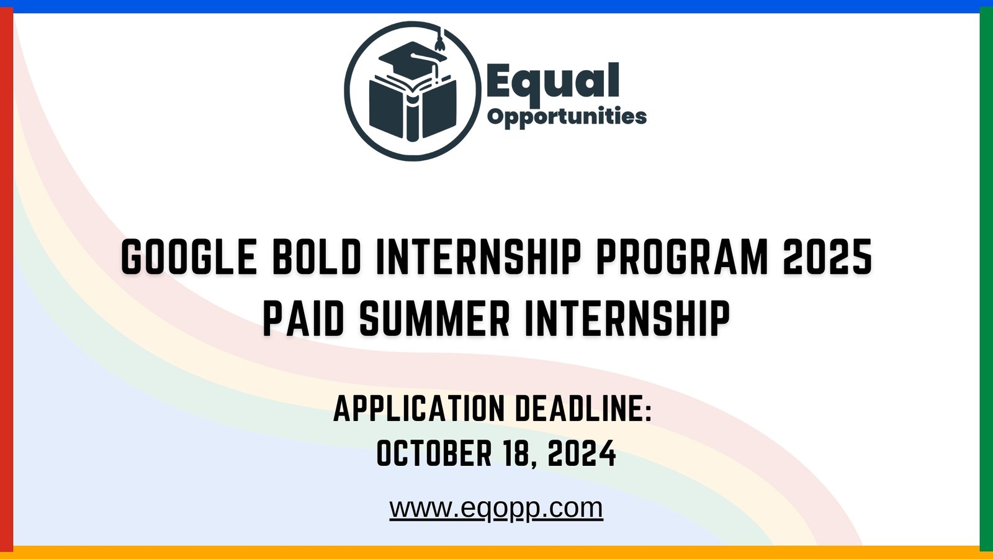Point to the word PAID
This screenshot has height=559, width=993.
pyautogui.click(x=303, y=319)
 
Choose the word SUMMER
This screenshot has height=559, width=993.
pyautogui.click(x=434, y=319)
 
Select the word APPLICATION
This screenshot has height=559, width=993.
pyautogui.click(x=419, y=409)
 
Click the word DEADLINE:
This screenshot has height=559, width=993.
pyautogui.click(x=583, y=409)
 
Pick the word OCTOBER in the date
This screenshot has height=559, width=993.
pyautogui.click(x=434, y=453)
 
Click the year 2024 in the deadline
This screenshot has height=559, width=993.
pyautogui.click(x=582, y=453)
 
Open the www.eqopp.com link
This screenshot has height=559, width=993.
pyautogui.click(x=496, y=507)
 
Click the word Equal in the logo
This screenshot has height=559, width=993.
pyautogui.click(x=552, y=81)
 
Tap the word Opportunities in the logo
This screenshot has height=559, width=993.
pyautogui.click(x=567, y=116)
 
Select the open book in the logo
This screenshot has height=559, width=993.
pyautogui.click(x=412, y=108)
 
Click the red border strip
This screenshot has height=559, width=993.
pyautogui.click(x=6, y=279)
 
